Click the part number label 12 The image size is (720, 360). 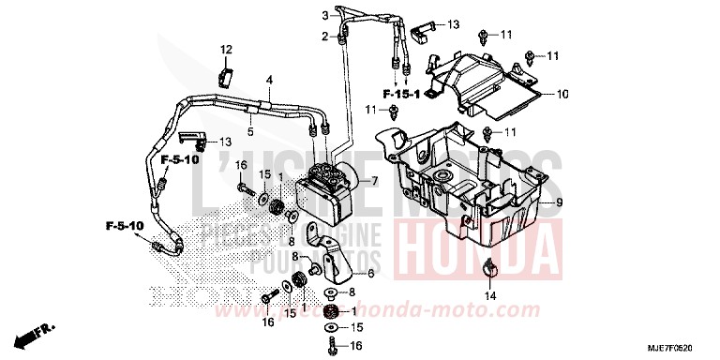pos(225,49)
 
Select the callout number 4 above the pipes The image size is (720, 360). pos(269,81)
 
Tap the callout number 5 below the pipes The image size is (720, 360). pos(250,132)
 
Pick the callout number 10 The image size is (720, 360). pos(563,95)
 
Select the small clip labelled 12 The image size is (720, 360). pos(227,72)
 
